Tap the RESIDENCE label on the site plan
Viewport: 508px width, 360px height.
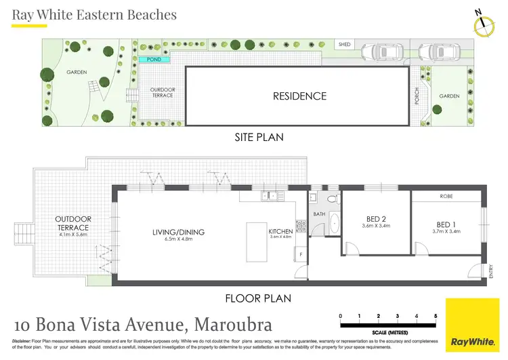coord(299,96)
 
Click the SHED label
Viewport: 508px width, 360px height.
coord(345,45)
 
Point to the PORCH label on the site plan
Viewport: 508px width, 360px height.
coord(417,96)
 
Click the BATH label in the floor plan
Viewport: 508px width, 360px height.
coord(320,215)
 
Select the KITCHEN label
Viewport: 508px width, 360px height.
coord(280,231)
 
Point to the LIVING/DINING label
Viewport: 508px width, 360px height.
coord(179,232)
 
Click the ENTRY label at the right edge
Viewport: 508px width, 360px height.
coord(490,271)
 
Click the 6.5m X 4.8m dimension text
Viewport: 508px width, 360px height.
coord(179,239)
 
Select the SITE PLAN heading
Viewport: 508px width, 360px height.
coord(258,137)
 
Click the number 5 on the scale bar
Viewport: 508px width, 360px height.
coord(436,316)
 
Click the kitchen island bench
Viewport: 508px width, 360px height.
coord(256,243)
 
